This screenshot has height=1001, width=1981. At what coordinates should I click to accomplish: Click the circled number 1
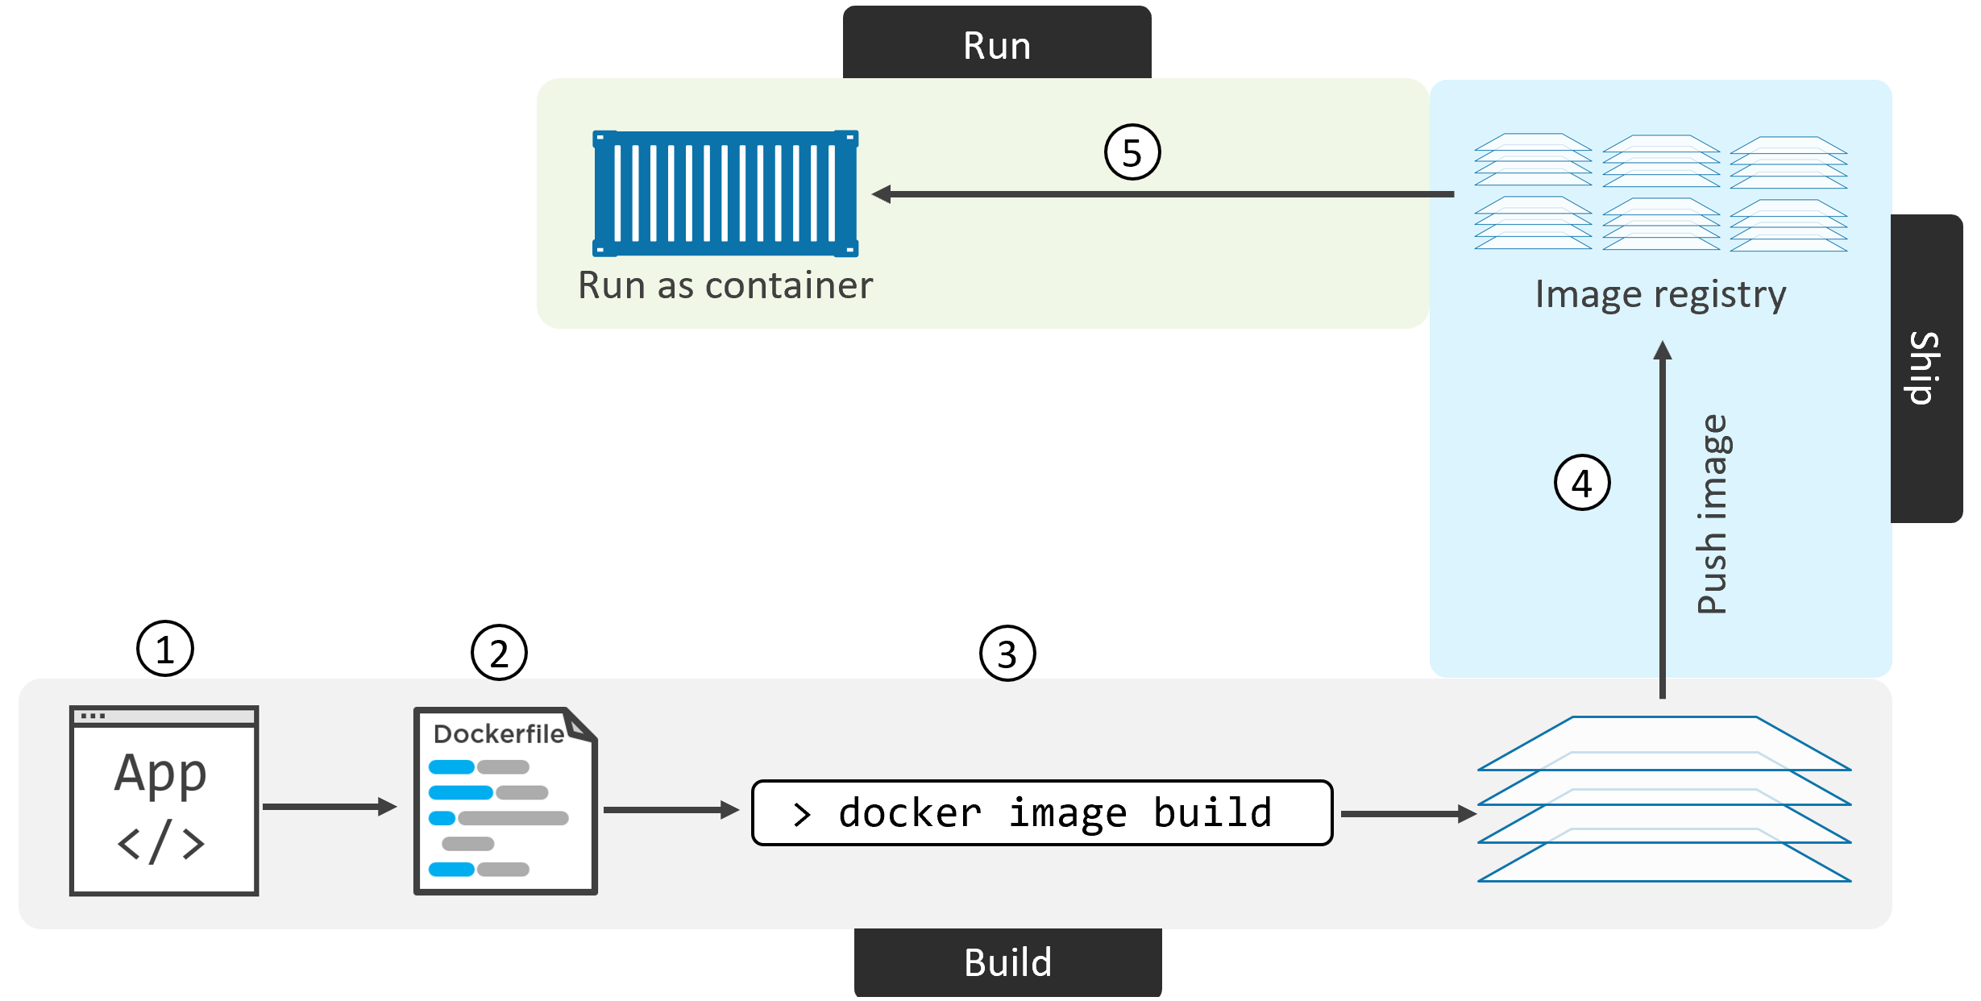164,649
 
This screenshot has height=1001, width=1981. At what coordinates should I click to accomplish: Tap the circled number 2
499,653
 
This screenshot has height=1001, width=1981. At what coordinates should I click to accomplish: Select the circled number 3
1007,654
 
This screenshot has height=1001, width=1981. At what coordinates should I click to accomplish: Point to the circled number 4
1582,484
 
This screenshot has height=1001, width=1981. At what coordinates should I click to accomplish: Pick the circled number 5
1132,152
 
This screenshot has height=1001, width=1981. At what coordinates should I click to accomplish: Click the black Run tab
997,44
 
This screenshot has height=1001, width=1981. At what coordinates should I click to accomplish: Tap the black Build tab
1007,962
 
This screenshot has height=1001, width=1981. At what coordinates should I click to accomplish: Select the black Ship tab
1926,368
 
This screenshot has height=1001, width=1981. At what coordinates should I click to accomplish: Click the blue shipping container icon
725,193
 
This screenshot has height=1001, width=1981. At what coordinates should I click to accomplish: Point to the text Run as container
725,285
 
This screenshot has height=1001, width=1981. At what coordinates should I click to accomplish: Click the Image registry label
1660,294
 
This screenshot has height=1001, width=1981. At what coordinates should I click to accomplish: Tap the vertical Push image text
1712,514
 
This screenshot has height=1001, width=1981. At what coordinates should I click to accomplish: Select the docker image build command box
1041,812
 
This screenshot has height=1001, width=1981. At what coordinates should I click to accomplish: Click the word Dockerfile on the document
498,734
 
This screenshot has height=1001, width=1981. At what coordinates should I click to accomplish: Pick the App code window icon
164,801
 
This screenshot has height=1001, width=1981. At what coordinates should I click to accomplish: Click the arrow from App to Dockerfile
329,807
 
